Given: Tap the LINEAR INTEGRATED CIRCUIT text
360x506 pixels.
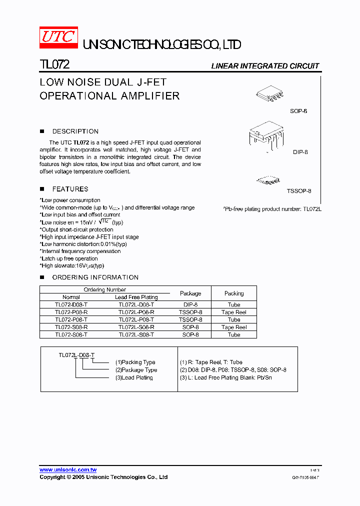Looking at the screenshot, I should [x=264, y=66].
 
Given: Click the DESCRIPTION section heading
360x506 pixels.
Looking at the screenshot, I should [x=75, y=131].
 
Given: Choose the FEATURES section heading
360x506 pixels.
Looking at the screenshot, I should [x=70, y=189].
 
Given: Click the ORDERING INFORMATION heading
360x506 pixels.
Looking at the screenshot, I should [x=95, y=277].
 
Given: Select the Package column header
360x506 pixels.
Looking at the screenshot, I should [x=190, y=293].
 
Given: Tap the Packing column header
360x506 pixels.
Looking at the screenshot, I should [x=234, y=293].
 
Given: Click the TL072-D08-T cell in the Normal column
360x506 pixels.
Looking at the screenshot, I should [x=71, y=304].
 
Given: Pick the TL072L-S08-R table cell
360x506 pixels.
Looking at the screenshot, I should [x=136, y=327].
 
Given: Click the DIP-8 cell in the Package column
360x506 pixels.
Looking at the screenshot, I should [x=190, y=304].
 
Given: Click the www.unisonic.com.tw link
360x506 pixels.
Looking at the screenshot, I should [x=68, y=469].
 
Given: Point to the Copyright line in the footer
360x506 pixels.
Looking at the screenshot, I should [x=103, y=477].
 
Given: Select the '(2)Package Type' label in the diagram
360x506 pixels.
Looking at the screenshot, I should [x=136, y=370].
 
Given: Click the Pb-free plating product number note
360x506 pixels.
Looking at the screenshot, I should [x=272, y=209].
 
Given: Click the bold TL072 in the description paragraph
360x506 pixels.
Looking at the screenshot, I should [x=81, y=142].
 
